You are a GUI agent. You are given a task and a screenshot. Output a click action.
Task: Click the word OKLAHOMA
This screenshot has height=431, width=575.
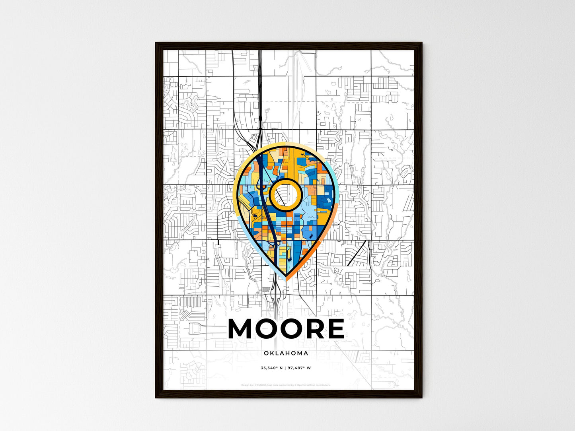point(286,353)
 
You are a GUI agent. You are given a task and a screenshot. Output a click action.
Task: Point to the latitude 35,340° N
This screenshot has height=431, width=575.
point(271,368)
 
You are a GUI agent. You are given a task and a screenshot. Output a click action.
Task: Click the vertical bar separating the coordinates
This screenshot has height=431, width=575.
point(285,368)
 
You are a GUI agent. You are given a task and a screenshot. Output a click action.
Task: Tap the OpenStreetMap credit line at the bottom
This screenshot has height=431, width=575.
point(286,385)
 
